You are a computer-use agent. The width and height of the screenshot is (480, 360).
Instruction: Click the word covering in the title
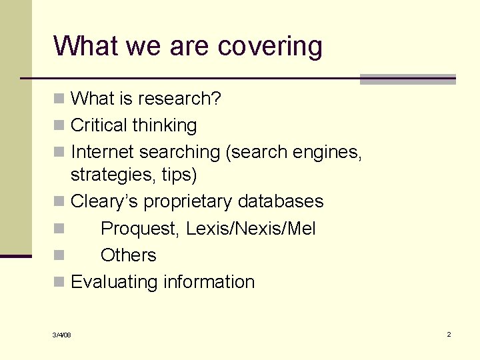[x=270, y=46]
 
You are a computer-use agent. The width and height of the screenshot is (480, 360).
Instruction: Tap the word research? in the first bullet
[x=180, y=99]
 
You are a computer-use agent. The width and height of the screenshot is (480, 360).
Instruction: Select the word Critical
[x=99, y=125]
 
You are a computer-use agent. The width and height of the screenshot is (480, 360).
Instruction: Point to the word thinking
[x=165, y=125]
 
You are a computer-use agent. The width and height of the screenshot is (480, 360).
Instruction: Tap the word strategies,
[x=113, y=175]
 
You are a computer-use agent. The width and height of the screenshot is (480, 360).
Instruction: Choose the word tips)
[x=179, y=175]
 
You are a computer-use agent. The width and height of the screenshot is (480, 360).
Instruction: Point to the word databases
[x=281, y=201]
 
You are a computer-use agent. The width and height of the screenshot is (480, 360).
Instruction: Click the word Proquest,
[x=140, y=229]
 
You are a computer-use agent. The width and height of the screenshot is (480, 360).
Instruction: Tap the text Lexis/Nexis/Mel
[x=251, y=229]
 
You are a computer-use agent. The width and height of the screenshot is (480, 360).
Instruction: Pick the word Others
[x=129, y=255]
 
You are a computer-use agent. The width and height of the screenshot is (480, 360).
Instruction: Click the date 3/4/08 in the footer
[x=62, y=335]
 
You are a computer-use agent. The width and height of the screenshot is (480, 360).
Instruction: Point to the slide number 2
[x=449, y=334]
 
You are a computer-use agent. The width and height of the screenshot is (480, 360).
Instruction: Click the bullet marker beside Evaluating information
[x=59, y=283]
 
